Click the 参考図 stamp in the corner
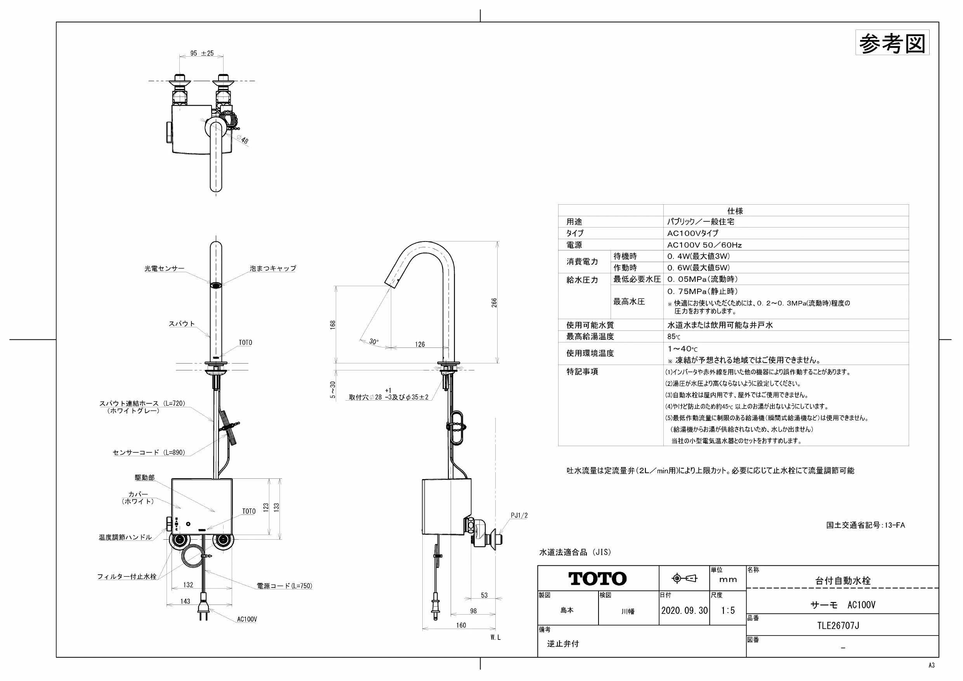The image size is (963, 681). (892, 42)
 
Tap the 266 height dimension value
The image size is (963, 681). (494, 303)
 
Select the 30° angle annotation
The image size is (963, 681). (374, 342)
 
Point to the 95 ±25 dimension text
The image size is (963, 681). (202, 53)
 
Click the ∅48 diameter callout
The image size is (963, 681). (243, 139)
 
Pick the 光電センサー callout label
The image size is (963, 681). (165, 269)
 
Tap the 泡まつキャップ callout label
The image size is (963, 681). (273, 269)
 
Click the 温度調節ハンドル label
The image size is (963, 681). (125, 537)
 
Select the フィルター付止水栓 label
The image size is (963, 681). (127, 577)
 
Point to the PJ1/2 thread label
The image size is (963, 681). (519, 516)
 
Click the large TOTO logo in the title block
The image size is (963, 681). (597, 579)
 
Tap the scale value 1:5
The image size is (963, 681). (728, 610)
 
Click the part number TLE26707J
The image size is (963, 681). (838, 625)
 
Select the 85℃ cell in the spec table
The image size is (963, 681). (674, 337)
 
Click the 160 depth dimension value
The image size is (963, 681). (461, 625)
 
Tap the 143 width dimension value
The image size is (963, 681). (185, 601)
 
